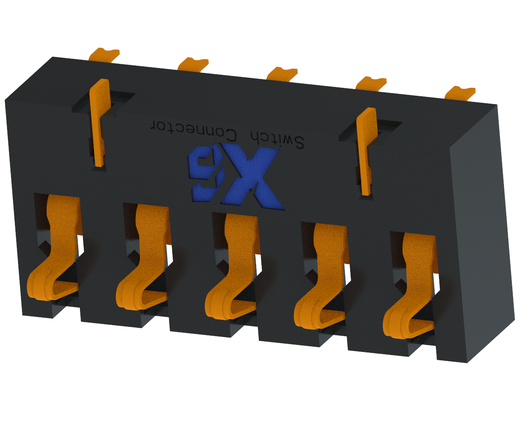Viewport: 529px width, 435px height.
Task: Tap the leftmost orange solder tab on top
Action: point(104,55)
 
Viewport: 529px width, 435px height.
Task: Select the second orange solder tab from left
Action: point(193,64)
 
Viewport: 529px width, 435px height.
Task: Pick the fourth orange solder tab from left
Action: point(371,83)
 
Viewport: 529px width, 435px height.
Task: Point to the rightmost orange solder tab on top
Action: point(460,93)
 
